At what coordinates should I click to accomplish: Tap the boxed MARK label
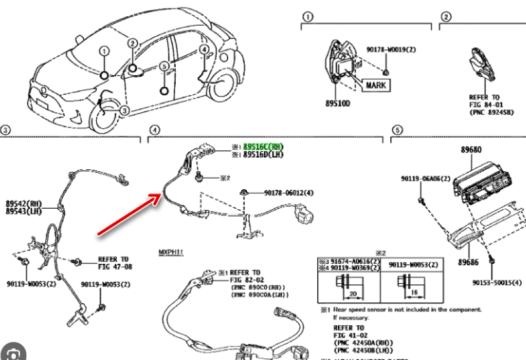pyautogui.click(x=376, y=85)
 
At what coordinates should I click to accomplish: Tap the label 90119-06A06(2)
pyautogui.click(x=423, y=179)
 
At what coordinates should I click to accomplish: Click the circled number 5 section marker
pyautogui.click(x=397, y=130)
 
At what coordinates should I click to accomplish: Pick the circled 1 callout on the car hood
pyautogui.click(x=105, y=51)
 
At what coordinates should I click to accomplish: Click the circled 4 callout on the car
pyautogui.click(x=204, y=50)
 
